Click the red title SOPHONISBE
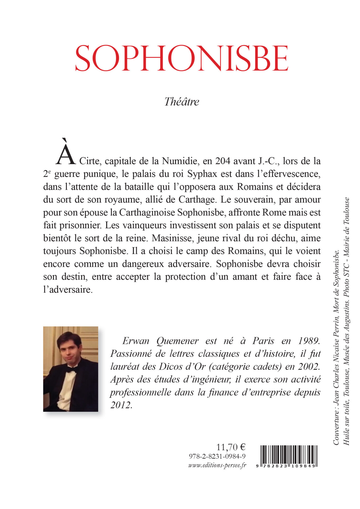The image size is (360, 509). (x=182, y=58)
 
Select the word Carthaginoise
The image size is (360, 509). (x=147, y=213)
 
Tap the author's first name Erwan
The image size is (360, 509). (x=136, y=341)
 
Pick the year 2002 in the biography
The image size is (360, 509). (x=309, y=367)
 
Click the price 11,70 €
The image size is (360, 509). (x=231, y=447)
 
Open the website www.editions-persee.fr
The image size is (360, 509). (x=217, y=465)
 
